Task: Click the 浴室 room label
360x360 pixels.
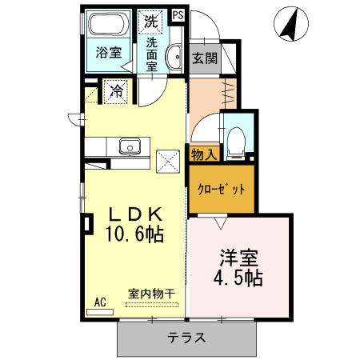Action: [x=108, y=54]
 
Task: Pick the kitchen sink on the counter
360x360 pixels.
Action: [x=129, y=146]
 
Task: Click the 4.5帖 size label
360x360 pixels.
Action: [x=238, y=279]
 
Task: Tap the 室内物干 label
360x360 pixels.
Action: [x=152, y=294]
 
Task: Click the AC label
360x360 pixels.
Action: [x=100, y=302]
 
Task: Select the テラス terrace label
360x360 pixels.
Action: [x=187, y=338]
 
